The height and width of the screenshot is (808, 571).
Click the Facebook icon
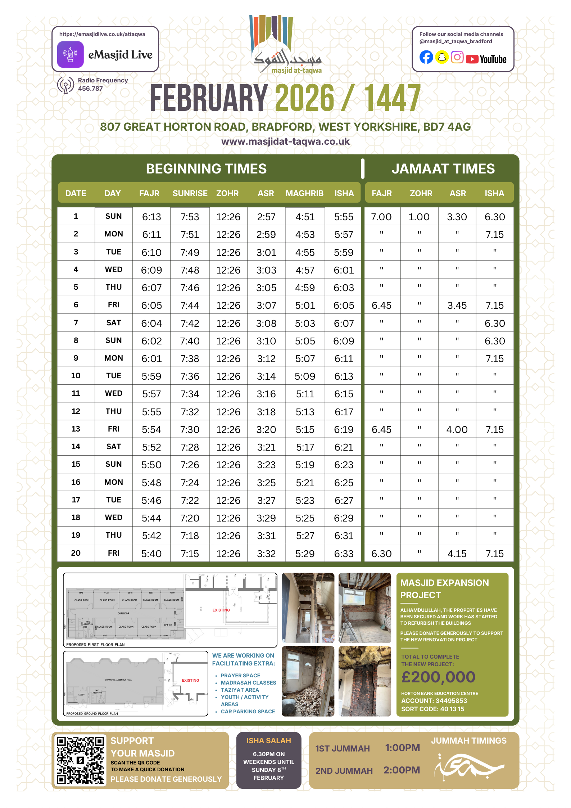tap(426, 57)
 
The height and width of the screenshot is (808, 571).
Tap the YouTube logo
tap(486, 59)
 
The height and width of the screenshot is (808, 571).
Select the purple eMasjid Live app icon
tap(71, 54)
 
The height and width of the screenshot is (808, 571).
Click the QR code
tap(80, 760)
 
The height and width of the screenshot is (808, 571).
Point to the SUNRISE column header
tap(190, 193)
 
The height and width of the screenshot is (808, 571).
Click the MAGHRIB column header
tap(304, 193)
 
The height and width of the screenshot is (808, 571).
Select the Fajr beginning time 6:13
tap(151, 217)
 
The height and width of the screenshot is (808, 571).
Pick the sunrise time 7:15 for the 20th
tap(190, 554)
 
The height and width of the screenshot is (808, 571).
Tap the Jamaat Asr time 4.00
tap(457, 429)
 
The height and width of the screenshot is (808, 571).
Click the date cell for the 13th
tap(76, 429)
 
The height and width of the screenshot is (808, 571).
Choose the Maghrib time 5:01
tap(305, 306)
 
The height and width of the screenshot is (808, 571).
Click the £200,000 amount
tap(438, 677)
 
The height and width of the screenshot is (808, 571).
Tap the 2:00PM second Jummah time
tap(402, 770)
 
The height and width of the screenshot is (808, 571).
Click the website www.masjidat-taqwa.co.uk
tap(285, 141)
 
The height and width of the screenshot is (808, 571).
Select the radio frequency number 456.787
tap(90, 89)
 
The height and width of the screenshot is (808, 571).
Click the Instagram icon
tap(457, 57)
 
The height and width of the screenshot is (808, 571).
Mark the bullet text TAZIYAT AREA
tap(240, 690)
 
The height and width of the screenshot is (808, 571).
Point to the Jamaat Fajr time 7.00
tap(381, 217)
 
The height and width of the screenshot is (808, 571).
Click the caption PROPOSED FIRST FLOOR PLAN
tap(95, 645)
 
